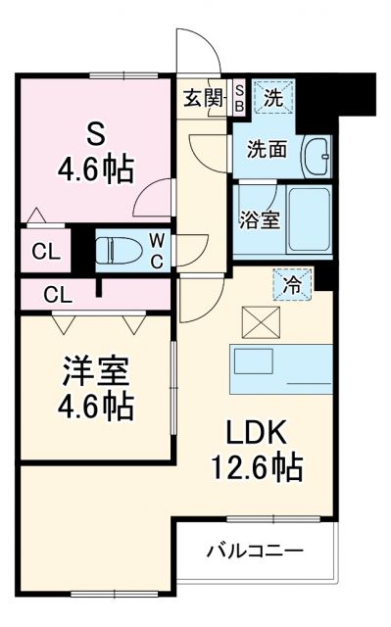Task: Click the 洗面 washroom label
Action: [x=266, y=150]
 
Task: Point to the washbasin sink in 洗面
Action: [x=317, y=154]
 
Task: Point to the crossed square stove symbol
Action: [x=266, y=319]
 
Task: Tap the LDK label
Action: [x=259, y=432]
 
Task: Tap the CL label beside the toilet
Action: [x=46, y=251]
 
